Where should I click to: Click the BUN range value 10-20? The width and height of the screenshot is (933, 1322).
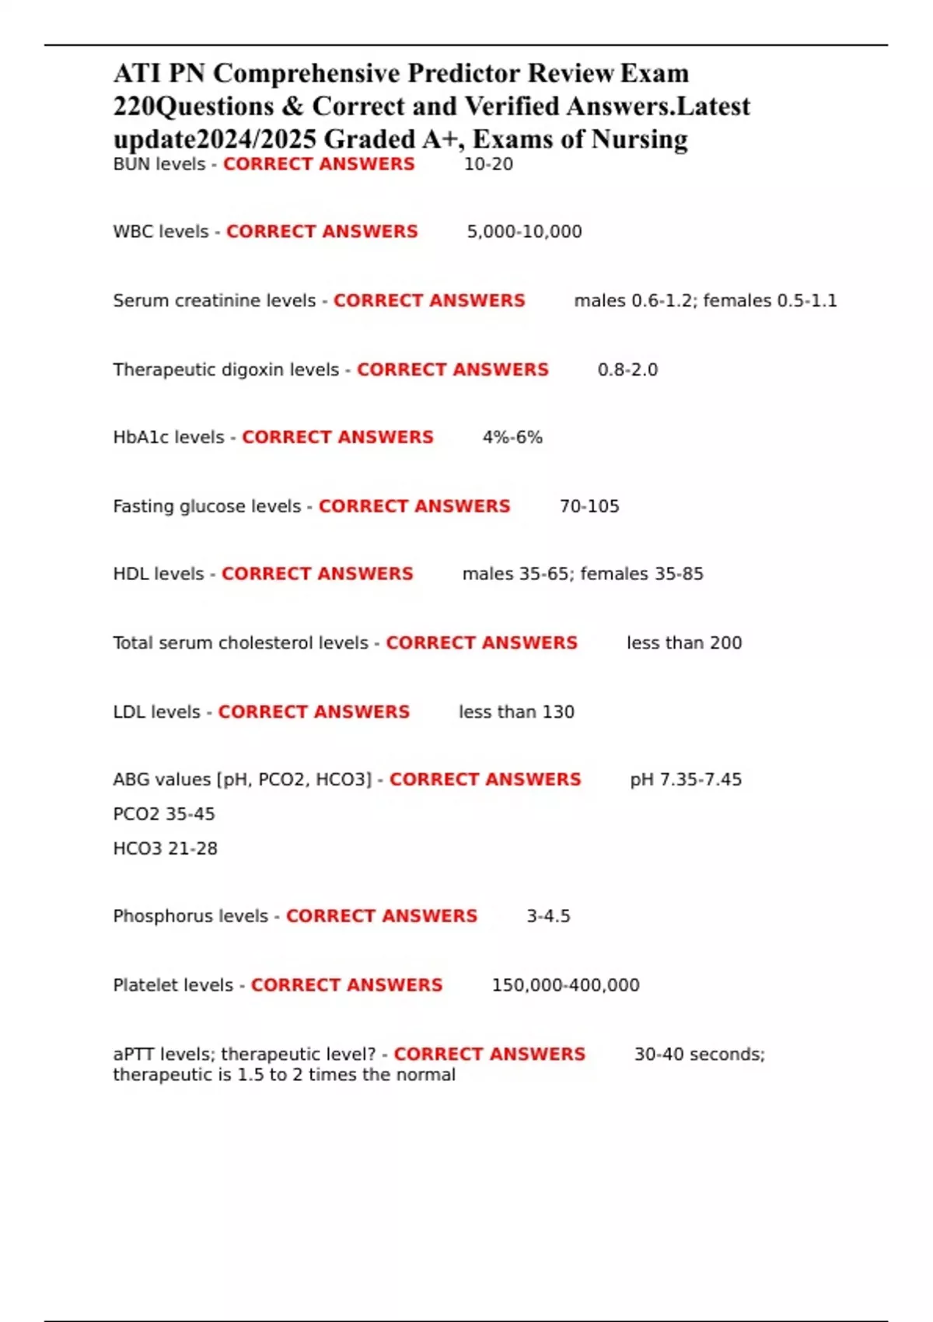click(488, 164)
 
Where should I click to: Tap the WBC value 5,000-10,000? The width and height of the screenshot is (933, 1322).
click(524, 232)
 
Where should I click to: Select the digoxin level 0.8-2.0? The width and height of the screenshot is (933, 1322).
click(627, 369)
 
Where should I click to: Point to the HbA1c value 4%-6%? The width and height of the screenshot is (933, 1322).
click(512, 437)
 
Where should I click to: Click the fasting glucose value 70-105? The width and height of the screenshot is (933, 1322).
click(589, 506)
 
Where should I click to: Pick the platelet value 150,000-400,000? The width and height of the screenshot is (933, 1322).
click(565, 985)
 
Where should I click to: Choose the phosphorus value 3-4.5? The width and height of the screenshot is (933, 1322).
click(548, 916)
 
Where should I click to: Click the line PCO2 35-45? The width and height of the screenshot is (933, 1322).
click(164, 814)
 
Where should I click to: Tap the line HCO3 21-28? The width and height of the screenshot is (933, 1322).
click(165, 848)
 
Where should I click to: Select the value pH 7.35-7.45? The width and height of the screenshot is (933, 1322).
click(686, 779)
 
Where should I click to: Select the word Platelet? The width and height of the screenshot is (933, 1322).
click(145, 985)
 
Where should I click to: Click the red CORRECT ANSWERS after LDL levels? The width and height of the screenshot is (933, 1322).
click(313, 712)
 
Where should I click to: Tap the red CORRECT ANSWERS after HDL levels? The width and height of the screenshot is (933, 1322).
click(317, 574)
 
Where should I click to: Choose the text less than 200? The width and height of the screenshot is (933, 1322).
click(684, 643)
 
